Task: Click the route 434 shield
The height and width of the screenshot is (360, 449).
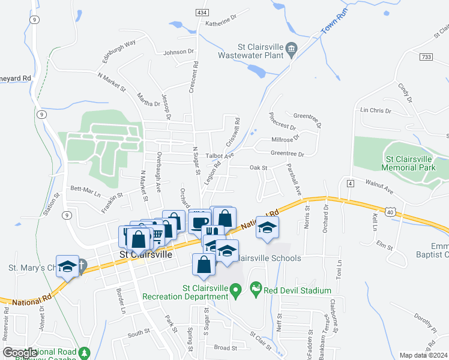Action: click(x=202, y=13)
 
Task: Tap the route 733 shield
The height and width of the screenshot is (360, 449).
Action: click(x=426, y=56)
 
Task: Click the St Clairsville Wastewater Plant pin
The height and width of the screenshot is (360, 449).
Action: click(x=292, y=49)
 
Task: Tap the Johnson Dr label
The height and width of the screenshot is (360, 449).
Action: click(x=179, y=52)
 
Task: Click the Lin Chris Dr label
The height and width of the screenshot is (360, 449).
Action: click(x=375, y=111)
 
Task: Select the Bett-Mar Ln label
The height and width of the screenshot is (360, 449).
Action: click(x=86, y=191)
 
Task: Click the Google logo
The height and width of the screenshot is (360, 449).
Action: click(x=20, y=353)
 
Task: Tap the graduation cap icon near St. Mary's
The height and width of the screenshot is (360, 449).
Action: click(x=67, y=265)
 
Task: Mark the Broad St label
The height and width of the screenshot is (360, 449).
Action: click(x=226, y=347)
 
